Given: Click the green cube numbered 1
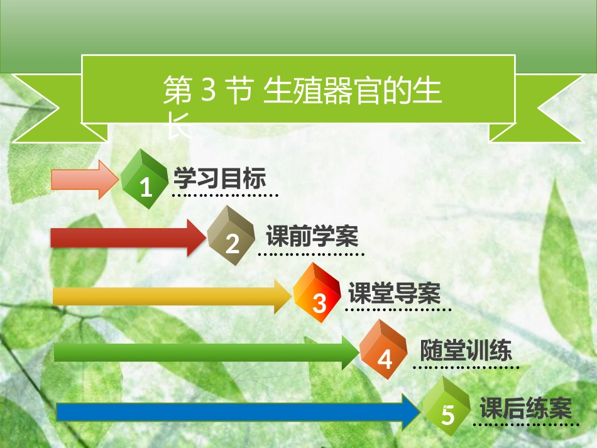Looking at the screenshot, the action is [x=145, y=179].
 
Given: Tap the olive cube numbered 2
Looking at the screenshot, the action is [x=231, y=235].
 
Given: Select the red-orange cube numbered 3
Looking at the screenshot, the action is [x=317, y=292].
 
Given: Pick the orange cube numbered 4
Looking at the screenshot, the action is [x=383, y=349].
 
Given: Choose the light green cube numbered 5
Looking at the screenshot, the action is [x=446, y=406].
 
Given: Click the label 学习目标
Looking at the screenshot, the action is [x=220, y=178].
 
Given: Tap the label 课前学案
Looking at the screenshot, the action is [x=312, y=236].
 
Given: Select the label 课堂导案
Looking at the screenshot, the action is [x=395, y=293].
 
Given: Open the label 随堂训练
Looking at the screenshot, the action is [x=466, y=350].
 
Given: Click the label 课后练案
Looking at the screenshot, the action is [x=526, y=408].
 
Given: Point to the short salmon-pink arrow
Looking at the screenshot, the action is [x=85, y=179].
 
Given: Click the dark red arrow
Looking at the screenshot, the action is [x=129, y=238].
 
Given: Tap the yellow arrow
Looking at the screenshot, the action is [x=172, y=296].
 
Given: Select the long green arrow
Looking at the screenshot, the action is [x=207, y=352].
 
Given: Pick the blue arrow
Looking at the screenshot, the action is [x=239, y=412].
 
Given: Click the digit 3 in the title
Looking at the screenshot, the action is [x=208, y=89].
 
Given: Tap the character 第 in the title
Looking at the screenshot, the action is [x=178, y=90].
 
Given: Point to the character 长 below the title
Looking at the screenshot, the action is [x=178, y=125].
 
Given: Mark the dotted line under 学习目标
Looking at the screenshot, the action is [x=225, y=195].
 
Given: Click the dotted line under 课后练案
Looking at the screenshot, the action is [x=526, y=424].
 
